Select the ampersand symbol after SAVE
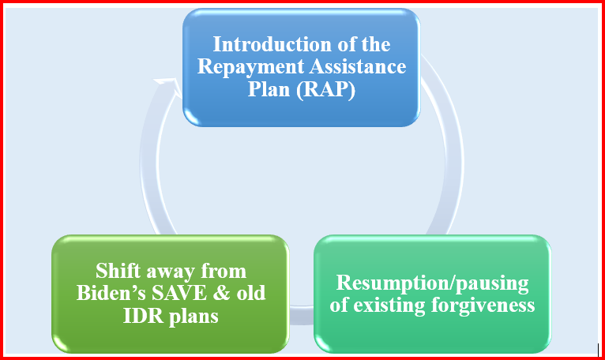pyautogui.click(x=217, y=294)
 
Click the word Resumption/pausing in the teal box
pyautogui.click(x=433, y=283)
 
